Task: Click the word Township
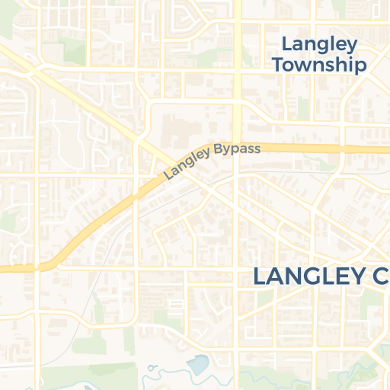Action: click(x=318, y=65)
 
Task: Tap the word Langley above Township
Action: click(x=319, y=43)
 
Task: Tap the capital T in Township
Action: click(x=278, y=65)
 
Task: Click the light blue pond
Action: click(x=197, y=365)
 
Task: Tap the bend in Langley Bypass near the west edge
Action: click(x=50, y=264)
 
